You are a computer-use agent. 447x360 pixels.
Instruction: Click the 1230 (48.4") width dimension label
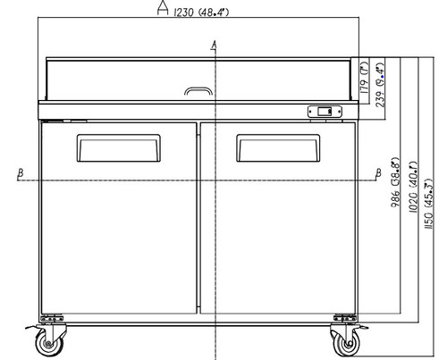tap(201, 13)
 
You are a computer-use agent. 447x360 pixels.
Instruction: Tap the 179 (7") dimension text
tap(365, 79)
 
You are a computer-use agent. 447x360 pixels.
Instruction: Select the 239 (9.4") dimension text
tap(380, 85)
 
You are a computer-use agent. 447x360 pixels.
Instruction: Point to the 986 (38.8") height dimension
tap(395, 182)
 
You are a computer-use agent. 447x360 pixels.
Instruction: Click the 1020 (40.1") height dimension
tap(413, 188)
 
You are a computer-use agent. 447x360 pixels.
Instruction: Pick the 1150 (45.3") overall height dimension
tap(428, 204)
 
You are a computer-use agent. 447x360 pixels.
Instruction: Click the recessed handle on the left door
tap(119, 148)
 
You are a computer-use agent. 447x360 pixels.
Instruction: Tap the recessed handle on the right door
tap(278, 148)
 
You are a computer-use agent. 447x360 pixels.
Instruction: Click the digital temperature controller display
tap(325, 112)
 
